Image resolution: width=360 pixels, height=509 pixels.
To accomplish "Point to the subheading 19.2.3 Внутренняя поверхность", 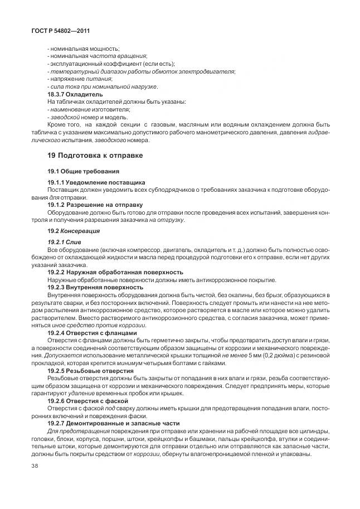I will pyautogui.click(x=95, y=287).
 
